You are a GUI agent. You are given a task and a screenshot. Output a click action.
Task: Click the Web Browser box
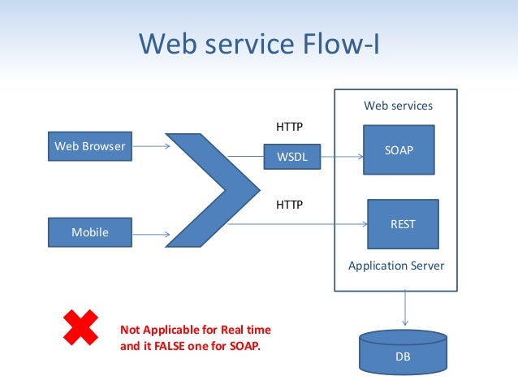tap(89, 147)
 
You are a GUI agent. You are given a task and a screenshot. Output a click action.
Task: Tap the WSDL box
tap(292, 158)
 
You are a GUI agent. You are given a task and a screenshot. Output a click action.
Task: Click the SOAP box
tap(399, 150)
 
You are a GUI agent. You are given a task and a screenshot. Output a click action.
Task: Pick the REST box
tap(403, 224)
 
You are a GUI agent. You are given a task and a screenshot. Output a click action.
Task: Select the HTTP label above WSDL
tap(289, 128)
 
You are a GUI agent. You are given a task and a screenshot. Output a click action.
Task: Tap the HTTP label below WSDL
tap(289, 205)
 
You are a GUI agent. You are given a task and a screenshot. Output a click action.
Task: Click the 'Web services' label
tap(398, 106)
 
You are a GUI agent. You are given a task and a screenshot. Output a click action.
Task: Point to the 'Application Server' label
tap(396, 266)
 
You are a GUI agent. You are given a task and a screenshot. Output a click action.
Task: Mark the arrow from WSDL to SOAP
tap(342, 158)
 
